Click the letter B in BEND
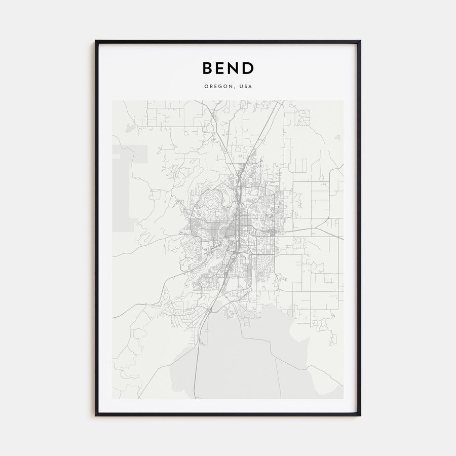coord(208,68)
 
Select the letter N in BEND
coord(235,68)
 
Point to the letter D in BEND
coord(248,68)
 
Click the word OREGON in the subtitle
coord(219,86)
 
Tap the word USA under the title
coord(246,86)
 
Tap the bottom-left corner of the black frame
coord(96,415)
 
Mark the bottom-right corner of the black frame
coord(360,415)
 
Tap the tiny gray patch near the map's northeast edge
coord(338,137)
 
